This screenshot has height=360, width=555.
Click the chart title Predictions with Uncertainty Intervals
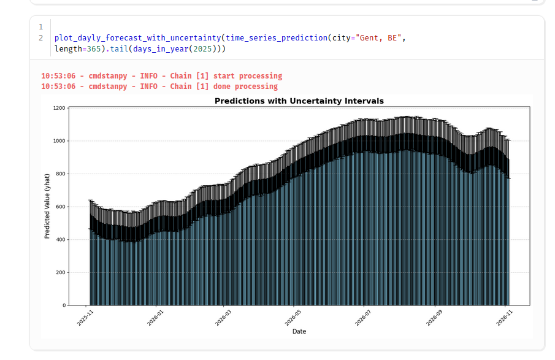299,101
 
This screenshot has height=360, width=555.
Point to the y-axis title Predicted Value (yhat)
47,206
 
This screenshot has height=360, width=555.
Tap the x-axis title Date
299,332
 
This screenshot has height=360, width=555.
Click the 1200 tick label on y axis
59,108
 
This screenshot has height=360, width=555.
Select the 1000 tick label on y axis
59,141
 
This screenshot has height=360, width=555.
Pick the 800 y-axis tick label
60,174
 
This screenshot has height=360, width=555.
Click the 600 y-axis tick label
60,207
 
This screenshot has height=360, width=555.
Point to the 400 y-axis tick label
60,240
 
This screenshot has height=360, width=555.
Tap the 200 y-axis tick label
60,272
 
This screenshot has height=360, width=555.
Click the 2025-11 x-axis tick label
85,316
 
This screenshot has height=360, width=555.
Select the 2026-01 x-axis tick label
155,316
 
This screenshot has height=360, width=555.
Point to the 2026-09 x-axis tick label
434,316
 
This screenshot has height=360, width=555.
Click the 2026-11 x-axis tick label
503,316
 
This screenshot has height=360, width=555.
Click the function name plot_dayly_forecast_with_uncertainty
137,38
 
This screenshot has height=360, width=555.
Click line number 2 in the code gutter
40,38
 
